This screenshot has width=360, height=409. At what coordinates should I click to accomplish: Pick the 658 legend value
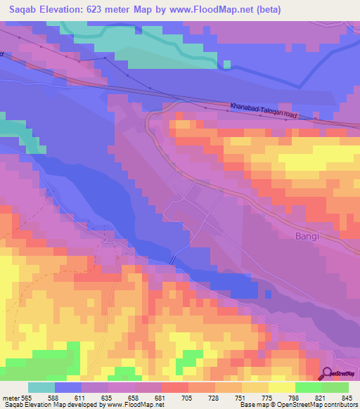[x=145, y=398]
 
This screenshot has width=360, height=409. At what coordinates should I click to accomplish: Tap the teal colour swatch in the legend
[x=41, y=387]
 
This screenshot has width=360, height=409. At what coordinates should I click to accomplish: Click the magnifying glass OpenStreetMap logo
[x=326, y=374]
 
